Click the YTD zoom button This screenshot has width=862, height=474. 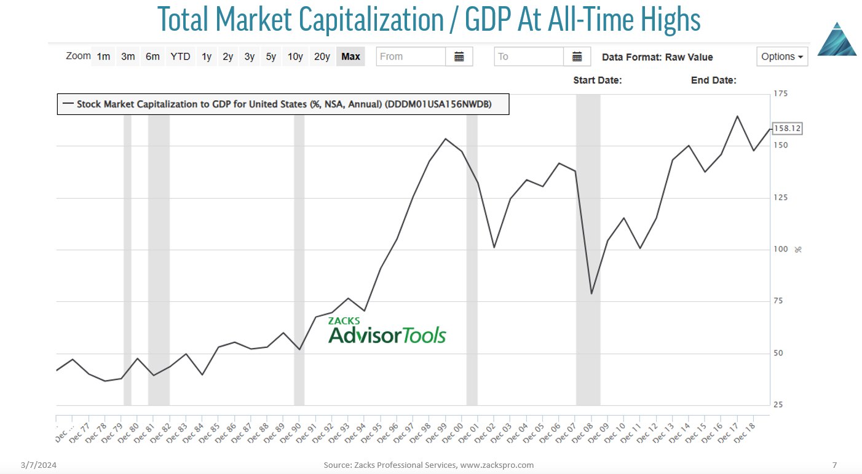[x=180, y=57]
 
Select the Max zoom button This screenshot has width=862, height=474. [x=350, y=57]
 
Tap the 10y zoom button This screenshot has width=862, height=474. [x=295, y=57]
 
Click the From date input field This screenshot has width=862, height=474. [x=411, y=57]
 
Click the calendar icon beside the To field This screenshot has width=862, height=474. [x=577, y=57]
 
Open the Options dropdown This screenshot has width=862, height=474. [x=782, y=57]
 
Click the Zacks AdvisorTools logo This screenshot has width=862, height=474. [x=387, y=331]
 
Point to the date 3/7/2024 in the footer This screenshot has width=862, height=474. [x=41, y=465]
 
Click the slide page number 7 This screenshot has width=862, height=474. [x=834, y=465]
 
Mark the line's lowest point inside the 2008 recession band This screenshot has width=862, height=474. [x=591, y=294]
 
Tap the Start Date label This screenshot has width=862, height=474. [x=597, y=81]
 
